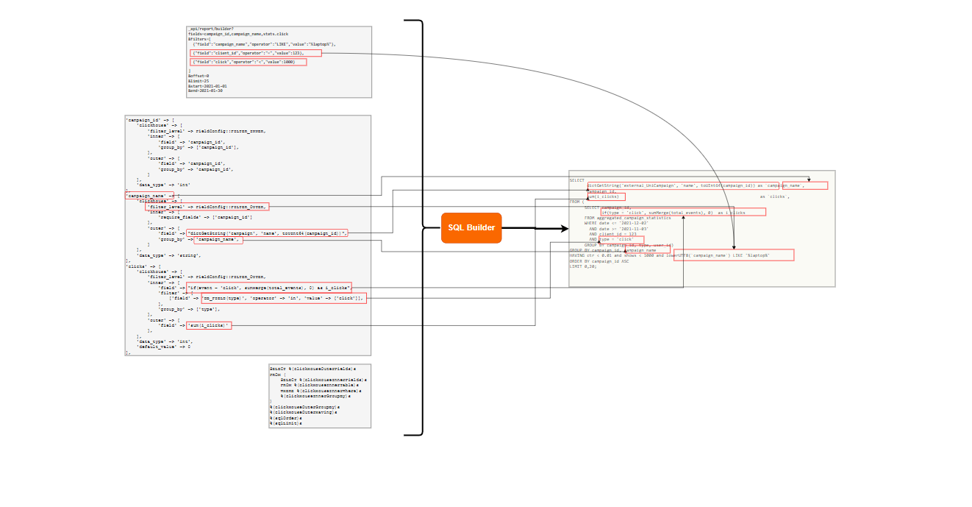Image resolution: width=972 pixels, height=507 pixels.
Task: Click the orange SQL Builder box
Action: tap(471, 228)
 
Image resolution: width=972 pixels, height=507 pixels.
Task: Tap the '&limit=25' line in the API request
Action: tap(199, 81)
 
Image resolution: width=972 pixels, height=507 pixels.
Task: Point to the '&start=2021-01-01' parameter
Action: tap(207, 86)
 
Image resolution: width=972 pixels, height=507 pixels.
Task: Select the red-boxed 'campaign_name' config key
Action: tap(150, 196)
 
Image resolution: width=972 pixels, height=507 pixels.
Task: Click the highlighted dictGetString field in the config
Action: tap(266, 233)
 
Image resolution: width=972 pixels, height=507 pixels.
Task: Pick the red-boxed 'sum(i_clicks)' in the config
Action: tap(208, 325)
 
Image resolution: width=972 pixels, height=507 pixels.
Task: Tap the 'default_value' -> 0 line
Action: tap(163, 347)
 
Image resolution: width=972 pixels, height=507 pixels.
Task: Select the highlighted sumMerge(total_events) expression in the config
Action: tap(268, 287)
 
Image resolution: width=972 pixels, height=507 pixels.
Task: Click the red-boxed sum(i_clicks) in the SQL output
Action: tap(607, 196)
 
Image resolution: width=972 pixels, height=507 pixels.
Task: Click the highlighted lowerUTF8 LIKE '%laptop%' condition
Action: tap(733, 255)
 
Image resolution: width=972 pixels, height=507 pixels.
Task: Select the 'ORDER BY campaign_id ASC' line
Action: tap(599, 260)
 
